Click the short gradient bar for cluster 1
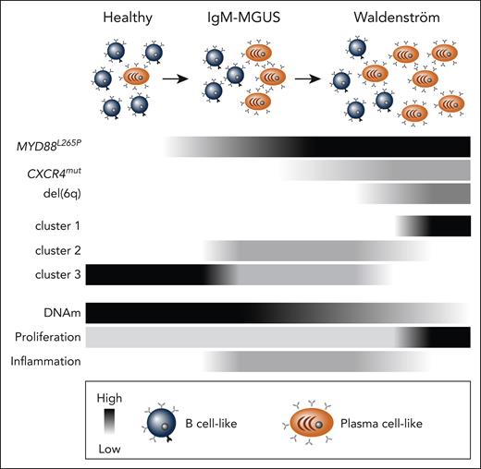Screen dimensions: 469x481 pos(433,226)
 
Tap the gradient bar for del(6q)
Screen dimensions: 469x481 pos(413,193)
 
